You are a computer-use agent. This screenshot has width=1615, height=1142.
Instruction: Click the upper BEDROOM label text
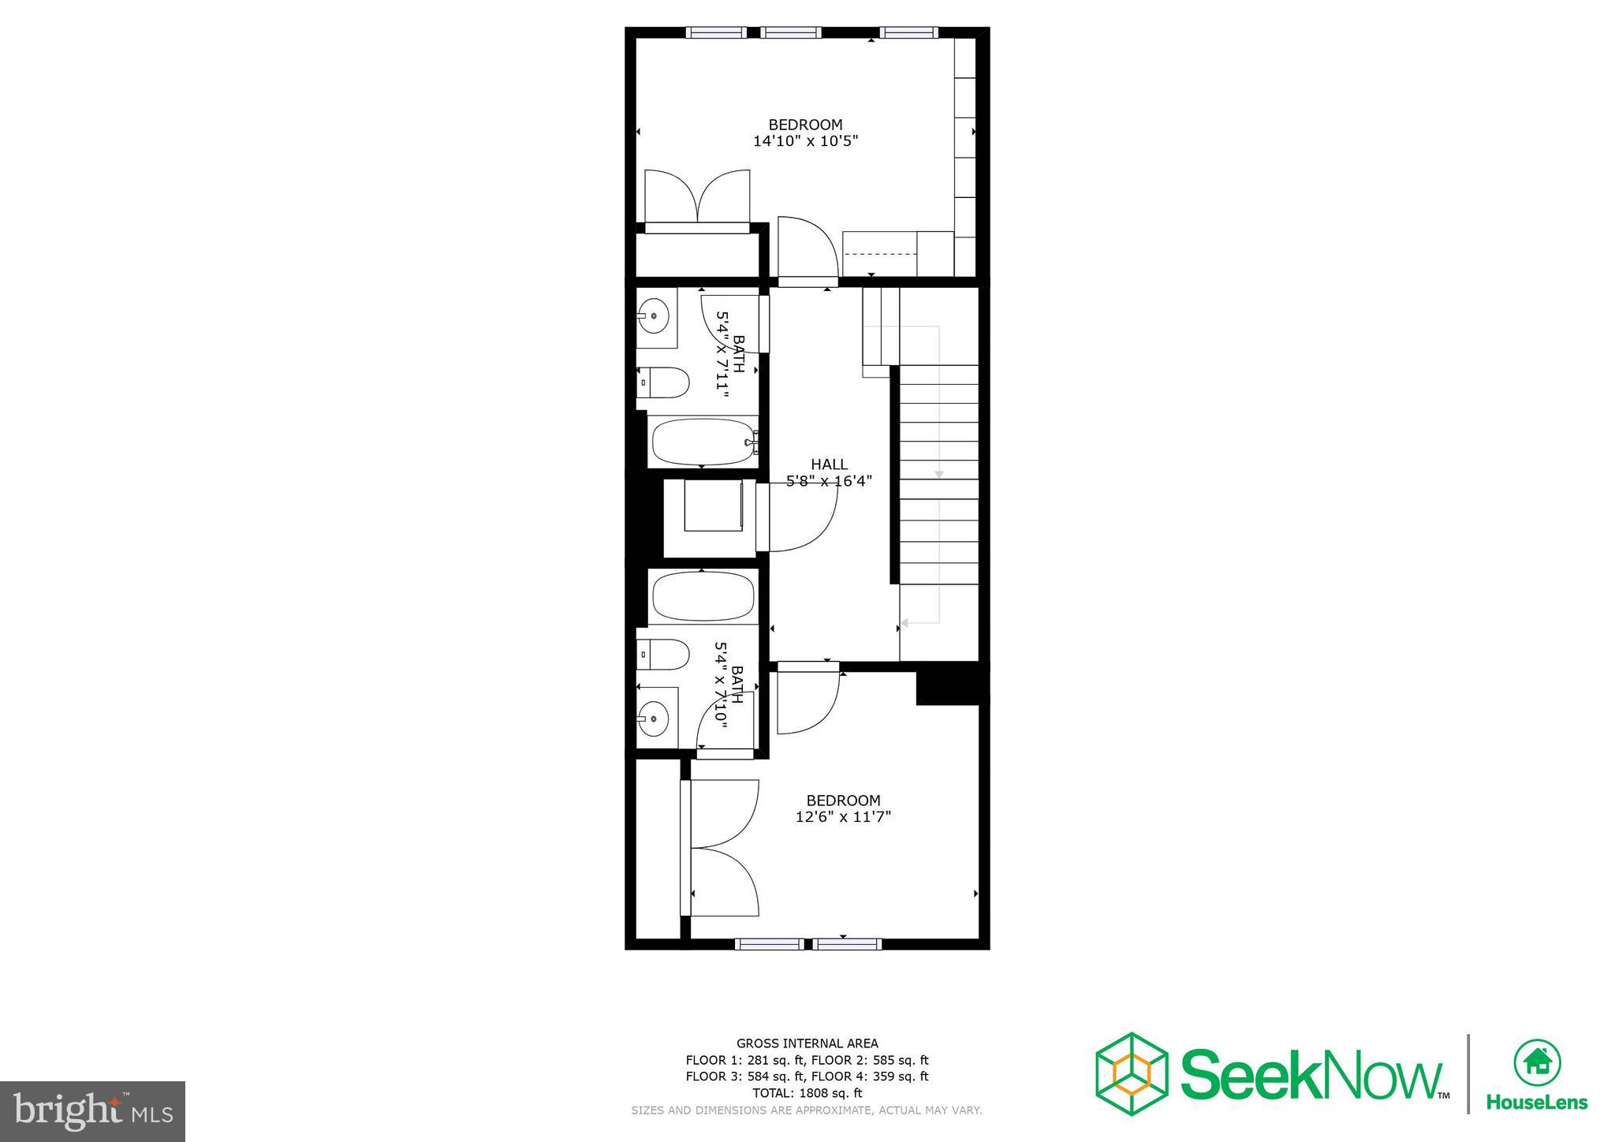point(805,125)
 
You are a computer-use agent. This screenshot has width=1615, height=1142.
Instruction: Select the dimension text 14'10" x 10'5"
point(805,142)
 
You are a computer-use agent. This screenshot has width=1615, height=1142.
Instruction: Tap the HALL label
point(829,465)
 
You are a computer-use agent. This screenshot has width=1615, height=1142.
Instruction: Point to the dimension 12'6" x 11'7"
point(843,817)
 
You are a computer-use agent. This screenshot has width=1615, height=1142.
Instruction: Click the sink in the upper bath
point(654,316)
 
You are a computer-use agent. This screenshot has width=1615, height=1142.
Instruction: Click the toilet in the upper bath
point(664,383)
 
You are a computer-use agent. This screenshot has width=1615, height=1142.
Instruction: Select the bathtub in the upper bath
point(702,442)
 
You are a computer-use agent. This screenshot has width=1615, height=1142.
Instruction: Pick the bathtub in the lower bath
point(702,597)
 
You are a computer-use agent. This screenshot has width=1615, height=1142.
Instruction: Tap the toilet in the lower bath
point(664,654)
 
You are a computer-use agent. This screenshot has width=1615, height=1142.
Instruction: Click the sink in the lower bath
point(654,718)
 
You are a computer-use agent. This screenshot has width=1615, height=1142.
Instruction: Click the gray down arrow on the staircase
point(938,474)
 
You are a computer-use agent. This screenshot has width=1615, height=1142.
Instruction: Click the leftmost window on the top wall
point(715,32)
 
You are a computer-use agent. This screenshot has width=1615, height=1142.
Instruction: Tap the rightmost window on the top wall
point(909,32)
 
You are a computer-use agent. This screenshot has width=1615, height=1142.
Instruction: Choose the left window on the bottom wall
point(769,943)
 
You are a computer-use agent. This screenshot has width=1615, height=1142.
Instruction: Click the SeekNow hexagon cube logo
point(1132,1073)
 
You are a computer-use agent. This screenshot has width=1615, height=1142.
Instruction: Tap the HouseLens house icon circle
point(1537,1064)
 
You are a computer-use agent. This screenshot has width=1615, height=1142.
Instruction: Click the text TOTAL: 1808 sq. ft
point(807,1093)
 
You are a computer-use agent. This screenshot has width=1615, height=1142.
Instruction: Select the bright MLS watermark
point(92,1111)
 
